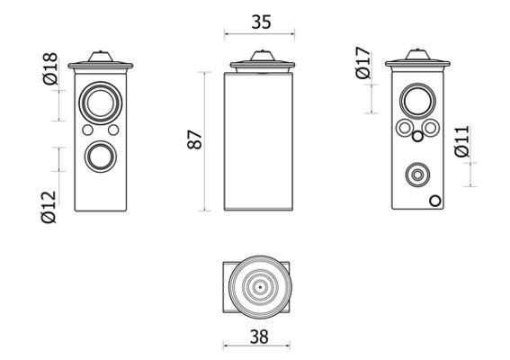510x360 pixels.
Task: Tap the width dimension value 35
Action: click(260, 23)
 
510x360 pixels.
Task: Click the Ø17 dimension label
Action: click(363, 63)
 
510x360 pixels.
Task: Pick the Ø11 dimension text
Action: click(461, 142)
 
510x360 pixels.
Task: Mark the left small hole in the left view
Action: click(86, 131)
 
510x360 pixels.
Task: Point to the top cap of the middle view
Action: click(260, 62)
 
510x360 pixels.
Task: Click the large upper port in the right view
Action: click(416, 103)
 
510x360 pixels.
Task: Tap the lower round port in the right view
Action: click(416, 174)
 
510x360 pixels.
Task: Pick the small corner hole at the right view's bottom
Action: click(435, 201)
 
